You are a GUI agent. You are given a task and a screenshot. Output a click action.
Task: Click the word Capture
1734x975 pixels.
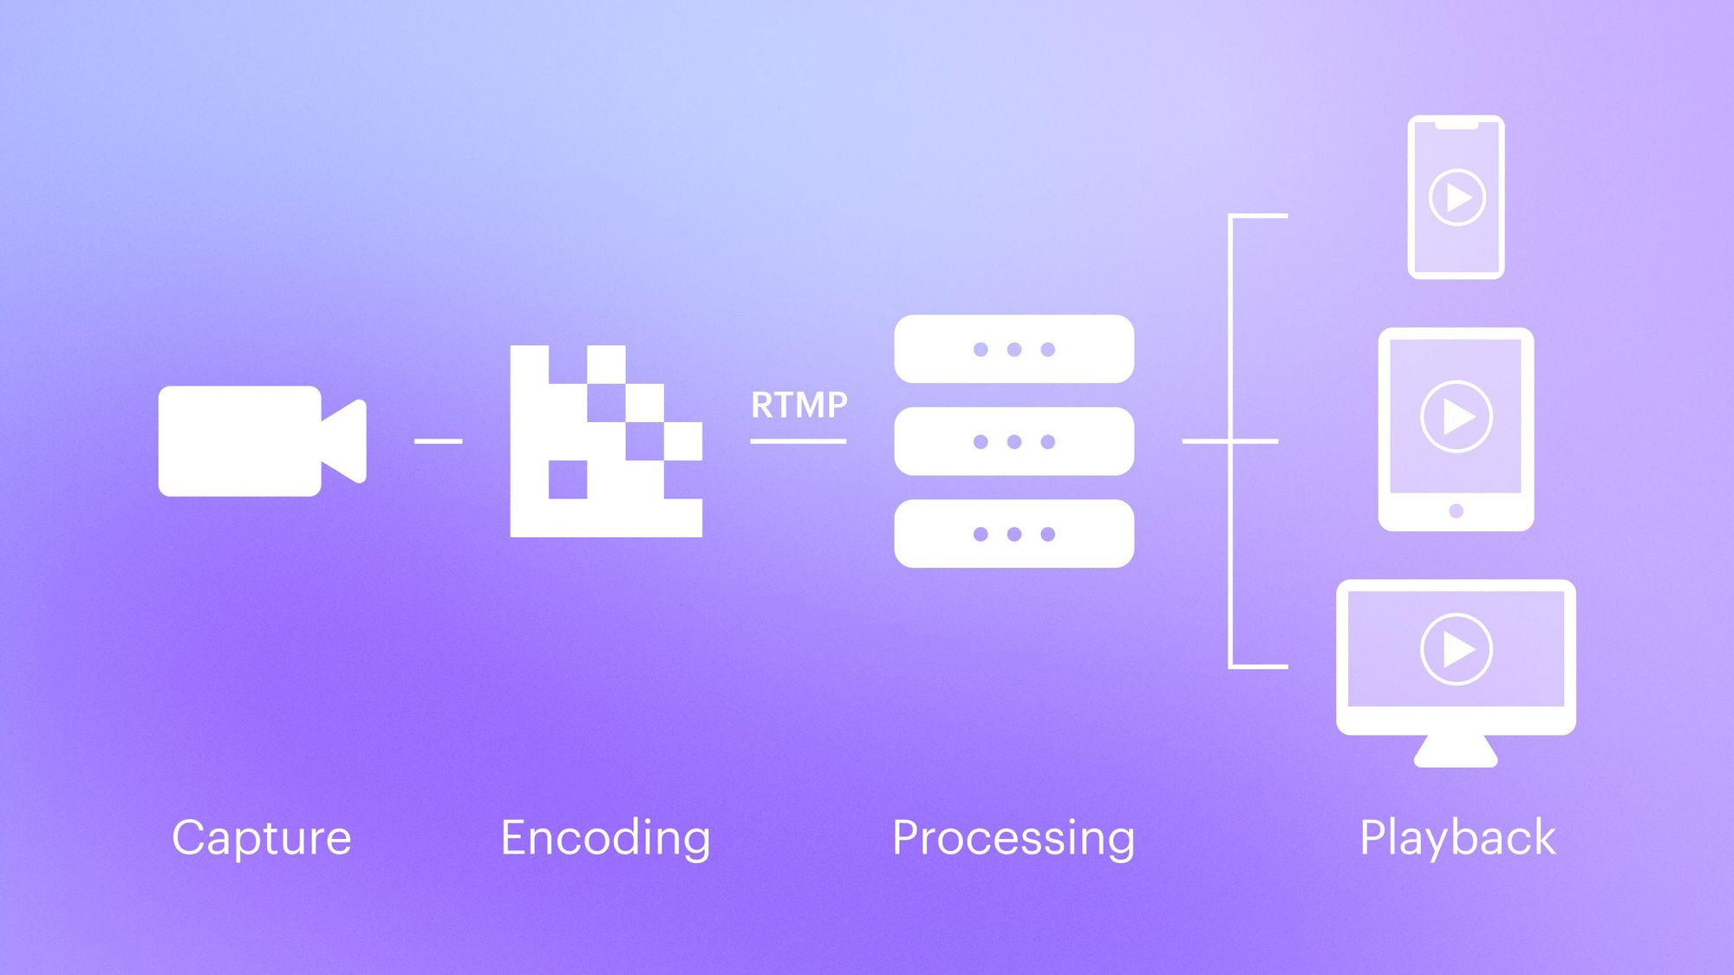click(x=261, y=838)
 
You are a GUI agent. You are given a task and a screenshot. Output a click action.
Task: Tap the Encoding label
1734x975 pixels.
click(x=605, y=838)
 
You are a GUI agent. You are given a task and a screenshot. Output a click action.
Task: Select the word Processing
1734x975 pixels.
click(x=1013, y=838)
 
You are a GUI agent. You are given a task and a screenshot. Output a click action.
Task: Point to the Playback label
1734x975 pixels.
click(x=1457, y=838)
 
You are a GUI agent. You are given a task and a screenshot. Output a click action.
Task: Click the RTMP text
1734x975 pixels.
click(x=799, y=405)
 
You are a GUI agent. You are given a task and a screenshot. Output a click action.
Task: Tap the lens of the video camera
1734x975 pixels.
click(x=347, y=441)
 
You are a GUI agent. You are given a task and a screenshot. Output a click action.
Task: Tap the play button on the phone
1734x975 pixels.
click(x=1457, y=198)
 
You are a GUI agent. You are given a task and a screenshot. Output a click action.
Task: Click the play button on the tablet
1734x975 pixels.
click(x=1457, y=417)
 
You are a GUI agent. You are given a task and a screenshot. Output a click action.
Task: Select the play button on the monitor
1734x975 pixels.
click(x=1457, y=649)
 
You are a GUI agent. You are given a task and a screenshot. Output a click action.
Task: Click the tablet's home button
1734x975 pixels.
click(x=1457, y=511)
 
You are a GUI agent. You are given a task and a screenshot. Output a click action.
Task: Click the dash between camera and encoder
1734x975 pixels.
click(x=438, y=441)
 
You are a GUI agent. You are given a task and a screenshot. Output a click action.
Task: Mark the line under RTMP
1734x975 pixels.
click(x=798, y=441)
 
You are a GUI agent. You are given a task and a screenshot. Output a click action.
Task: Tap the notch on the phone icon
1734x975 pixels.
click(x=1457, y=126)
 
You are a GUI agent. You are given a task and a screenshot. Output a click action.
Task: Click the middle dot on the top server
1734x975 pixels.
click(x=1014, y=349)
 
